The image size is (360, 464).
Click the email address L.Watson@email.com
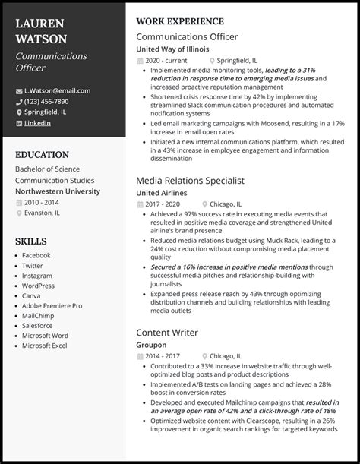[57, 90]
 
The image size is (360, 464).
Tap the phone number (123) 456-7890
[46, 101]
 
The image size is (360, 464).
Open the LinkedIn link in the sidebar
[38, 122]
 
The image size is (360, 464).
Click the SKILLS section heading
[31, 241]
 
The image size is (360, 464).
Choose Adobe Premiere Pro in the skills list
[52, 305]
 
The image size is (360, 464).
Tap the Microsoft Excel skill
[46, 346]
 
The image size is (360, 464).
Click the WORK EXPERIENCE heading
[179, 21]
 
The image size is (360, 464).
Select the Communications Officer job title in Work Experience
[187, 36]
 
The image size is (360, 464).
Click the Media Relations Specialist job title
[191, 181]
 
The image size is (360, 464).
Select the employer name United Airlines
[162, 193]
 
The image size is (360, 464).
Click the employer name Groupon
[152, 344]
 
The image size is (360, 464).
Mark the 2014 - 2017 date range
[162, 355]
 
